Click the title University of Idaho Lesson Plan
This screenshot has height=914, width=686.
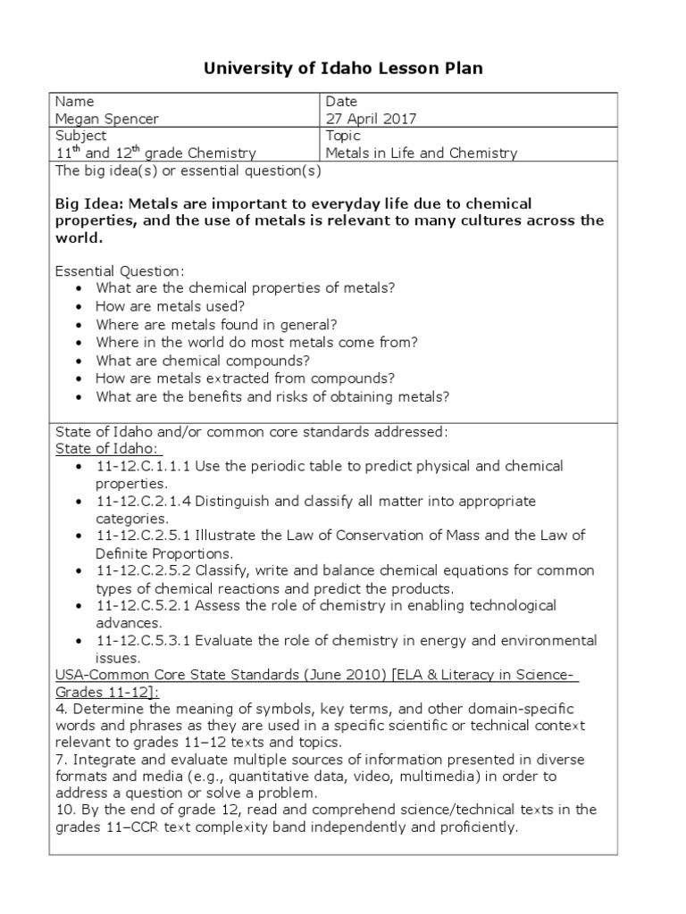point(343,69)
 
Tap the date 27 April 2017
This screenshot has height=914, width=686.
point(371,119)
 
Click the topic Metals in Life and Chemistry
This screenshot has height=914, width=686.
point(422,153)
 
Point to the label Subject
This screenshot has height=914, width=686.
point(81,136)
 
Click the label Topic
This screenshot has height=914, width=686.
point(344,136)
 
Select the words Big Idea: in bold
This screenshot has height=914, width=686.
point(87,204)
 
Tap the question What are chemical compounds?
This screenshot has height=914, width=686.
point(203,360)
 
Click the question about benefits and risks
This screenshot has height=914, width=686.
point(272,395)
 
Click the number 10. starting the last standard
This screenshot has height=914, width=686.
point(66,810)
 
